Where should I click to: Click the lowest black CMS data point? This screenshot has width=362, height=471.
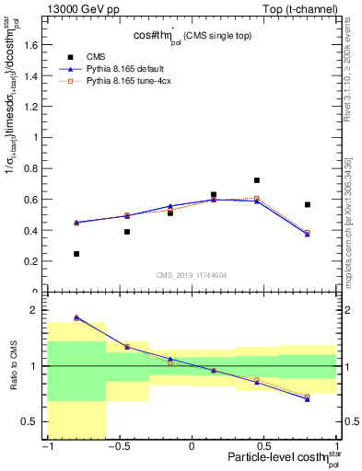76,254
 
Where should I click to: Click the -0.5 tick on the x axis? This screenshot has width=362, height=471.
118,447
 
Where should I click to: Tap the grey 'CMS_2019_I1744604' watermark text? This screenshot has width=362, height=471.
192,275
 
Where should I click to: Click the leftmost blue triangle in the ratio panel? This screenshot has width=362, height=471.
76,317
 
